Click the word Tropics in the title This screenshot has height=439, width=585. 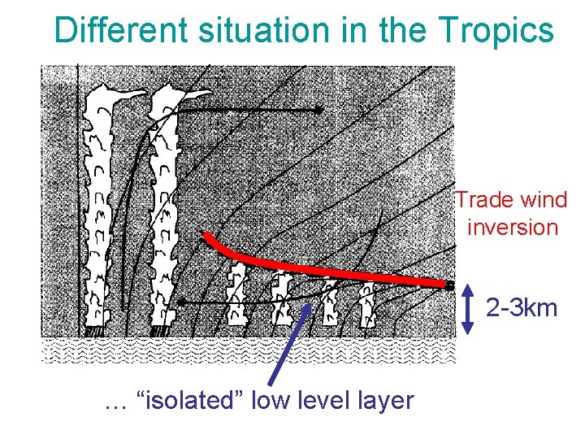click(x=496, y=30)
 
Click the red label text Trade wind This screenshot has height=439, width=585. click(x=511, y=199)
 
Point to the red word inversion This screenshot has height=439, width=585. click(x=513, y=226)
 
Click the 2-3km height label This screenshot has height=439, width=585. click(x=522, y=308)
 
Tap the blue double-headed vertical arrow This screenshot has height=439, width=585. click(x=468, y=309)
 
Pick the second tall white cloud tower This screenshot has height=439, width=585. click(x=165, y=203)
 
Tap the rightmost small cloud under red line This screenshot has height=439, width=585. click(x=369, y=305)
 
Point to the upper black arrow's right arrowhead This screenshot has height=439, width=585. click(x=320, y=109)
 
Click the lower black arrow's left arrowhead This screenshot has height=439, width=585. click(x=182, y=302)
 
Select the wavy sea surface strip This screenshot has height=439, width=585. click(x=248, y=350)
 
